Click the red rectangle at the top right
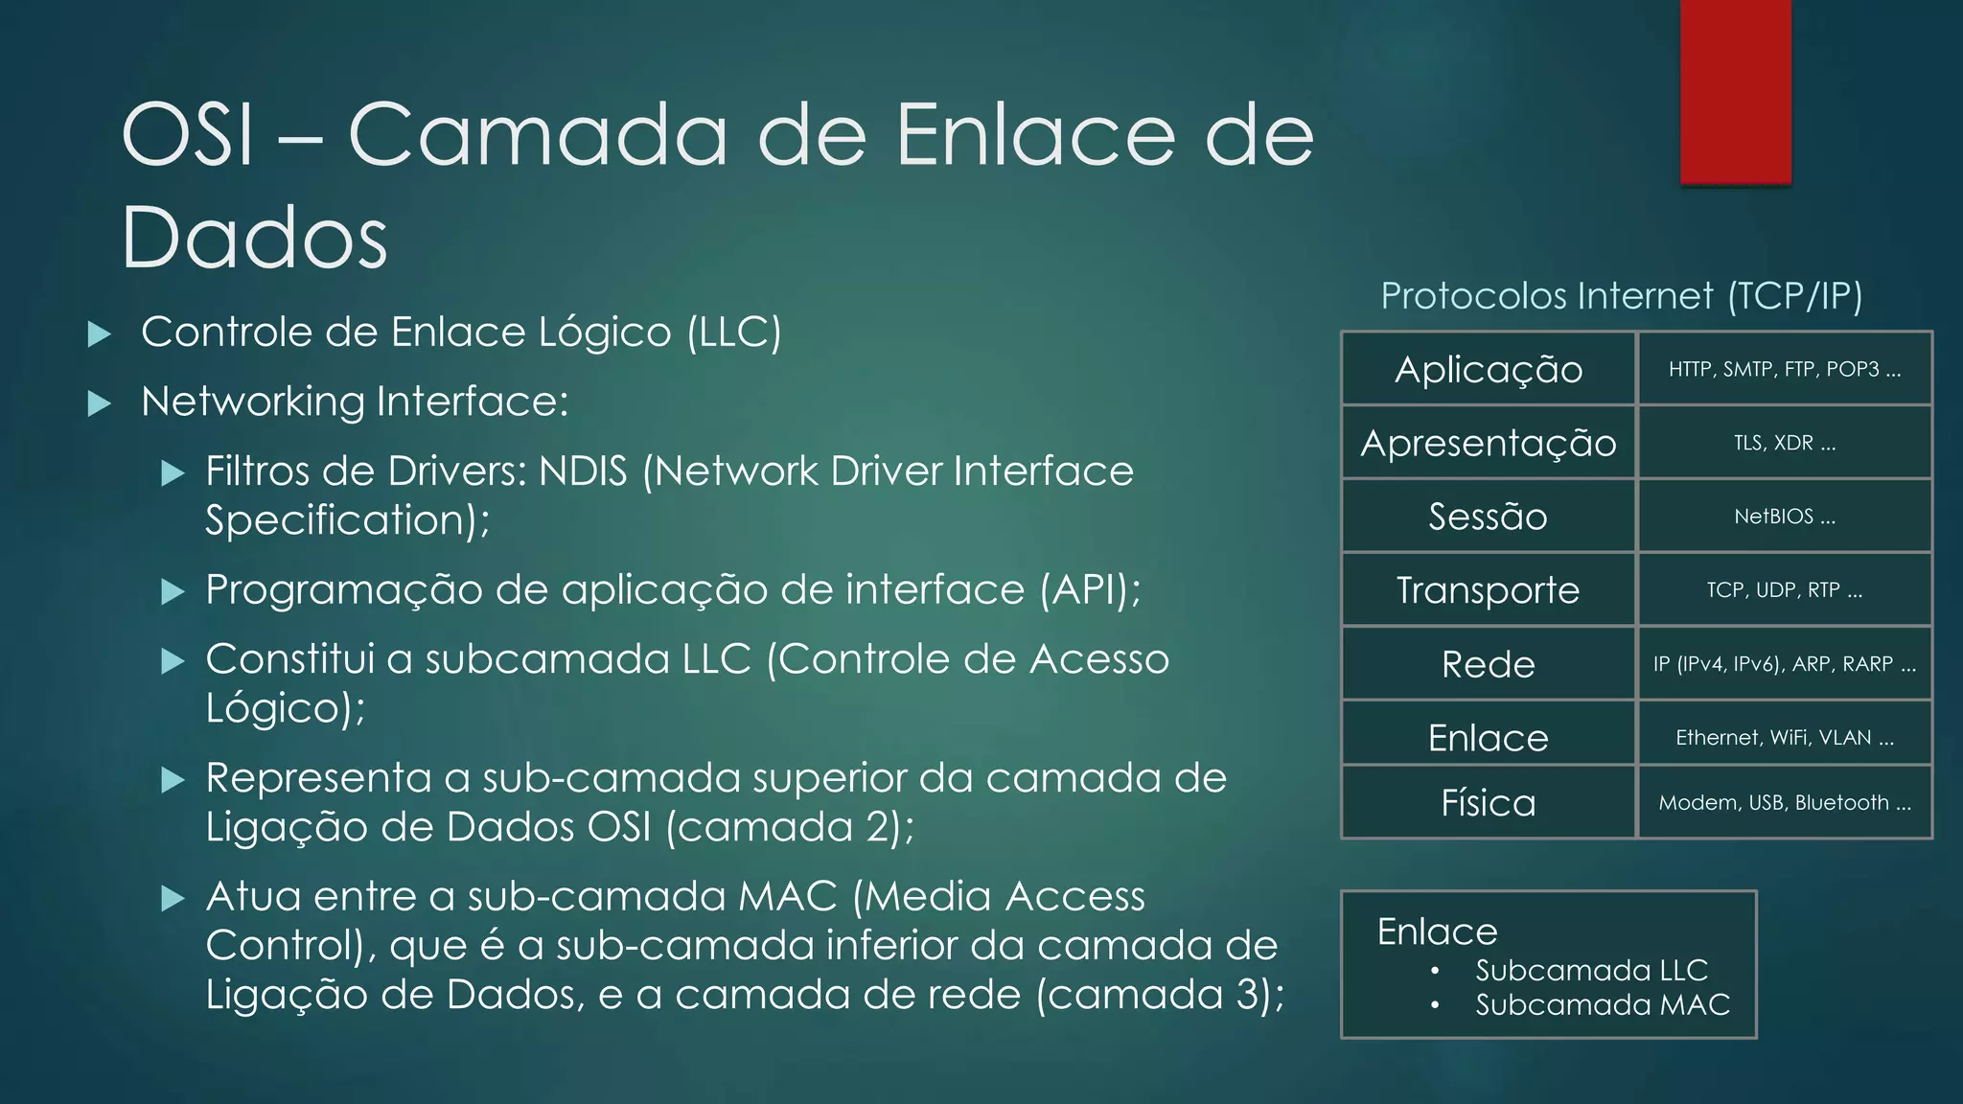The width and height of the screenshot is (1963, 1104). coord(1735,91)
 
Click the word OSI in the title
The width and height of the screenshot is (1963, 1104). coord(189,135)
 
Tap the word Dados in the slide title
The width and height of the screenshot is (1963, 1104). coord(254,238)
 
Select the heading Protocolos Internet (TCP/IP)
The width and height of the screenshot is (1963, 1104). coord(1621,296)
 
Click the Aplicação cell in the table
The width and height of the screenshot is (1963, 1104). coord(1488,369)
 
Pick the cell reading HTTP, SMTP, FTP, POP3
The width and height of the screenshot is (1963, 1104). coord(1784,369)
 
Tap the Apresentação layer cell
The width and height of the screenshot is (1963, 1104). coord(1488,443)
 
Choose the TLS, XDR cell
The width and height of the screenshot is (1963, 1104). coord(1784,443)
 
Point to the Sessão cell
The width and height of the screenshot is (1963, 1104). coord(1488,517)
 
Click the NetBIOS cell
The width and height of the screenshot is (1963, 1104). coord(1784,517)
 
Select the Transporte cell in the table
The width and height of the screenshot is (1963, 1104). coord(1488,590)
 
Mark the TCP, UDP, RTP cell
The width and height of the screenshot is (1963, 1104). coord(1784,590)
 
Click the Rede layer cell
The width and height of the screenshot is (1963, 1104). coord(1488,664)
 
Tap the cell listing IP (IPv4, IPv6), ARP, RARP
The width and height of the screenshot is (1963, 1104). coord(1784,664)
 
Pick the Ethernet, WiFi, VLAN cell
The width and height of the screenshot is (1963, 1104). coord(1784,737)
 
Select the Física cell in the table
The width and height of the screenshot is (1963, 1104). coord(1488,802)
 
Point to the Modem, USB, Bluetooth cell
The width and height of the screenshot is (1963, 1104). coord(1784,802)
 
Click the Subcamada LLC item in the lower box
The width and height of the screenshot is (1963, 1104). coord(1591,970)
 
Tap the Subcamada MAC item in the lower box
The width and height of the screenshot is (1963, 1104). coord(1602,1004)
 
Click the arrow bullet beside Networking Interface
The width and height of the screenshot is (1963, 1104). coord(99,403)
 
